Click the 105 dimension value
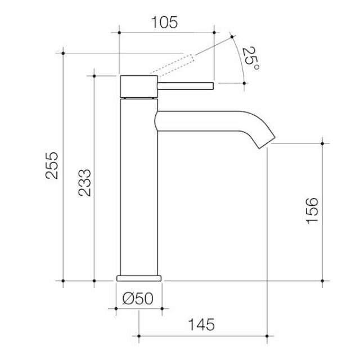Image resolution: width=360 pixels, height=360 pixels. [x=165, y=22]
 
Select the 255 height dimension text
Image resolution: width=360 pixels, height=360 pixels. [x=52, y=165]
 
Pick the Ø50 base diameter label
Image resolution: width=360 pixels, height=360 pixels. [x=138, y=299]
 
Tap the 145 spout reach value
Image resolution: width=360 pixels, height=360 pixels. [x=201, y=325]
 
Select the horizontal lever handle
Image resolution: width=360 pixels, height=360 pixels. [x=186, y=86]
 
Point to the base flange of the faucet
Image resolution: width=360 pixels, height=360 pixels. [x=138, y=278]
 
